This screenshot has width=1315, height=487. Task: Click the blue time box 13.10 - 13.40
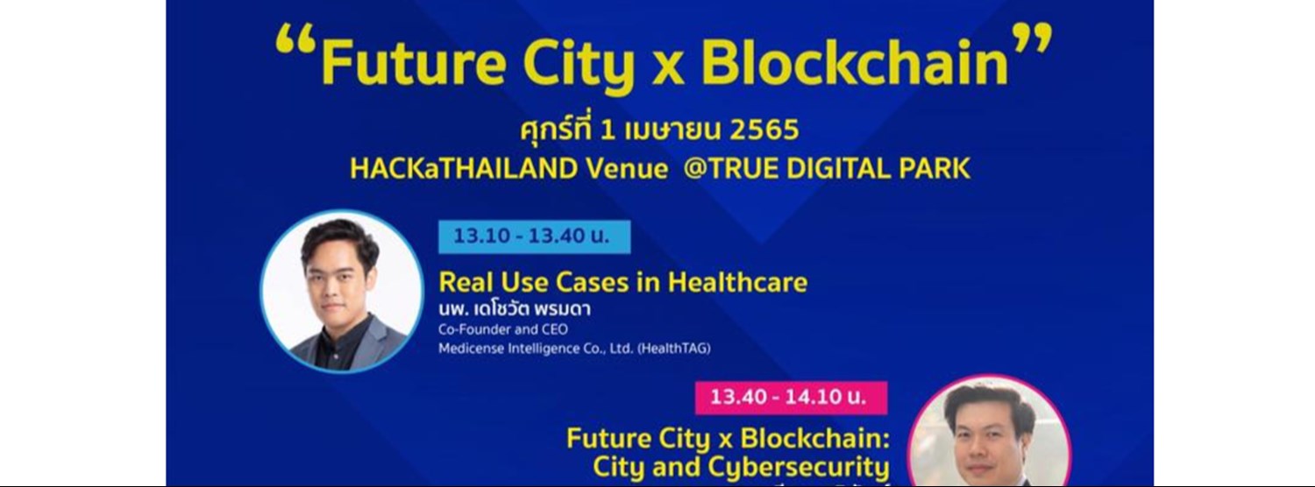(x=534, y=236)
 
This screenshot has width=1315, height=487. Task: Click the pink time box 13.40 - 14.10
(x=790, y=398)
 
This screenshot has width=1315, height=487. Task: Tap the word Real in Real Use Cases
(x=466, y=282)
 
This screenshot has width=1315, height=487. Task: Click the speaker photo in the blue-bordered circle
(x=342, y=291)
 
